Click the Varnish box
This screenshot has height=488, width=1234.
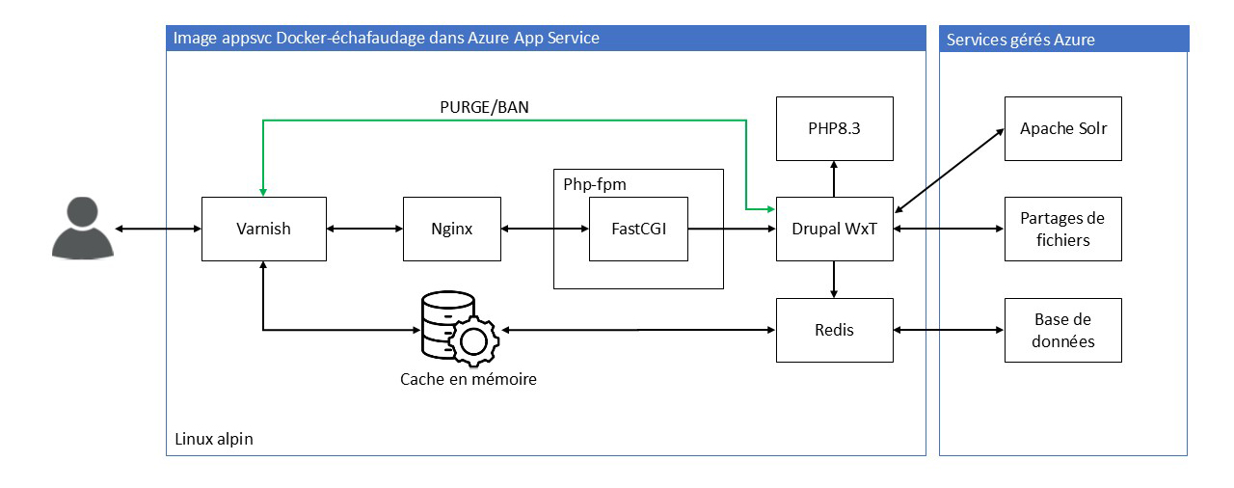point(262,229)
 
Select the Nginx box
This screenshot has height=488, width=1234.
point(451,229)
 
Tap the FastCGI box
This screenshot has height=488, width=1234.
point(638,229)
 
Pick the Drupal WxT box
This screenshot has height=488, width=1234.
point(834,229)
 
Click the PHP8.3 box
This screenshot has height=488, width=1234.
point(834,128)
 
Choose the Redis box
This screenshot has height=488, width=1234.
point(834,330)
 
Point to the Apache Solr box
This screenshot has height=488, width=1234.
point(1062,128)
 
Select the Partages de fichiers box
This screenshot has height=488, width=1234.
point(1062,229)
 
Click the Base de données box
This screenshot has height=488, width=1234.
point(1062,330)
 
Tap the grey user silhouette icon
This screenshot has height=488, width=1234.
point(82,228)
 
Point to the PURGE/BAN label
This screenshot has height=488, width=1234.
point(483,107)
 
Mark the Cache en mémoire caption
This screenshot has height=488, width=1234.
point(469,379)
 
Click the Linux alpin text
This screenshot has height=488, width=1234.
point(214,439)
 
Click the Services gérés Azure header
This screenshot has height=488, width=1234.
point(1021,40)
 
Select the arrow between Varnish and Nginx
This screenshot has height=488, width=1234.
point(364,229)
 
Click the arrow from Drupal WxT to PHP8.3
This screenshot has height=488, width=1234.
point(834,178)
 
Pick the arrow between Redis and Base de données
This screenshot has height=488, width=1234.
point(949,330)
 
